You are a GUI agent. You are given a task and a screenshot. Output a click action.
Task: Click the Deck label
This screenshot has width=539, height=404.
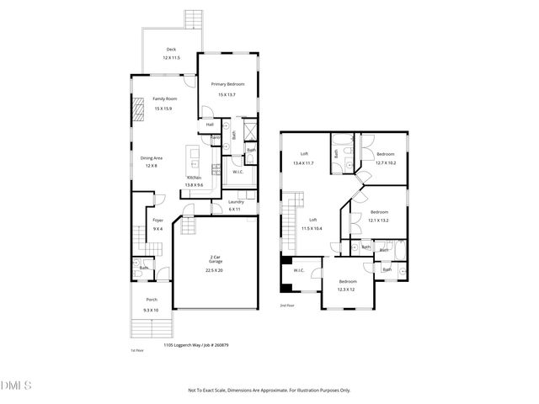point(171,50)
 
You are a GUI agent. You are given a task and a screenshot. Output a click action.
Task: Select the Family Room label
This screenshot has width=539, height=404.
point(164,98)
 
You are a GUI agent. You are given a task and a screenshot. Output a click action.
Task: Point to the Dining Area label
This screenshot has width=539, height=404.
point(151,157)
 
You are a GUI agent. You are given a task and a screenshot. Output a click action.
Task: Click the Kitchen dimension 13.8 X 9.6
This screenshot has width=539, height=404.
point(195,185)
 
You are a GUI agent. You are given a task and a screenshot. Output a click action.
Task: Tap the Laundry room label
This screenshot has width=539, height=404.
point(236,201)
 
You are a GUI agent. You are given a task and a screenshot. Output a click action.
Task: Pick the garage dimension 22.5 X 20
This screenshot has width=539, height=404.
point(216,270)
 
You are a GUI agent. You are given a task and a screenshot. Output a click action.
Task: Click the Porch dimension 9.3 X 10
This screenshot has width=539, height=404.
point(152,310)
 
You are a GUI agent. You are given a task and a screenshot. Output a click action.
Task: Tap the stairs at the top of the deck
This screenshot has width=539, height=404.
point(191,19)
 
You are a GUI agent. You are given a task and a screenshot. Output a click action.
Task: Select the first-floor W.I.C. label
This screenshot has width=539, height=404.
point(237,172)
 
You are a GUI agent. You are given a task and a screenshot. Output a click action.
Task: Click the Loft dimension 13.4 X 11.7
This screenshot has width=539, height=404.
point(302,163)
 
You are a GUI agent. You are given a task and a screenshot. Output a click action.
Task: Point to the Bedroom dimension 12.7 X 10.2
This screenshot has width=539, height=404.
point(386,163)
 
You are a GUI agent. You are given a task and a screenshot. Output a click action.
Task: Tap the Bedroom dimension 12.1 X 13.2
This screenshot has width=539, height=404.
point(379,221)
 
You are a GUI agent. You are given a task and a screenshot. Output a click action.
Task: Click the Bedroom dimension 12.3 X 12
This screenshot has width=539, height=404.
point(347,290)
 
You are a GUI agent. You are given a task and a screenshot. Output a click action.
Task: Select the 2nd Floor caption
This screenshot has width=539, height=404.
point(288,306)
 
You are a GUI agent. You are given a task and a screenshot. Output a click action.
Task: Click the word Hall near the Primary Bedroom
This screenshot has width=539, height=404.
point(210,125)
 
